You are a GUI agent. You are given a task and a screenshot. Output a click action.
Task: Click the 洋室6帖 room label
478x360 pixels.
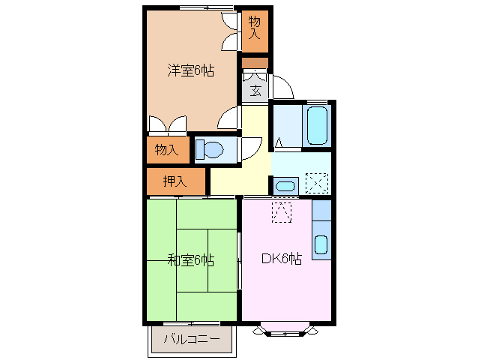(190, 71)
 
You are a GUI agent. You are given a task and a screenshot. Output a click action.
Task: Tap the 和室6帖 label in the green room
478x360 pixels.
(190, 260)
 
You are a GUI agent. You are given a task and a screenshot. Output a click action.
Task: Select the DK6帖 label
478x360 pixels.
(281, 259)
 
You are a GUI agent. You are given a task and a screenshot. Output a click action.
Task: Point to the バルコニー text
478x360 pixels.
(192, 340)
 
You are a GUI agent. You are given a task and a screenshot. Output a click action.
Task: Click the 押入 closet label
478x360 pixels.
(175, 181)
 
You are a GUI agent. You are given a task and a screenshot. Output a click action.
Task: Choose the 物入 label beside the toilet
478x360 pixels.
(166, 149)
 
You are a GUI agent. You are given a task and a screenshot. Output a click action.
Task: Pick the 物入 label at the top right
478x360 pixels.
(255, 28)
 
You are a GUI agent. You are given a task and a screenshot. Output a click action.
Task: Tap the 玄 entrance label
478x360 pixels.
(255, 91)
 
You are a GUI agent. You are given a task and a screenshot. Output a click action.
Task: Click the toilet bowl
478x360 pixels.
(211, 150)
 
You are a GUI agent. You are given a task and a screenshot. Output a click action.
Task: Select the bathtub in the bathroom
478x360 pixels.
(318, 125)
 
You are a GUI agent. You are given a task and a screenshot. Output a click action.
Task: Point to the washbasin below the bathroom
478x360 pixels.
(284, 185)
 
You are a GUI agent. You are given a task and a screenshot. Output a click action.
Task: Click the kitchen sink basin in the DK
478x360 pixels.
(320, 244)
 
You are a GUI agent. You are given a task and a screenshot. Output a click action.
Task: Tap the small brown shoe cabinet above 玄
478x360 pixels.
(255, 63)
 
